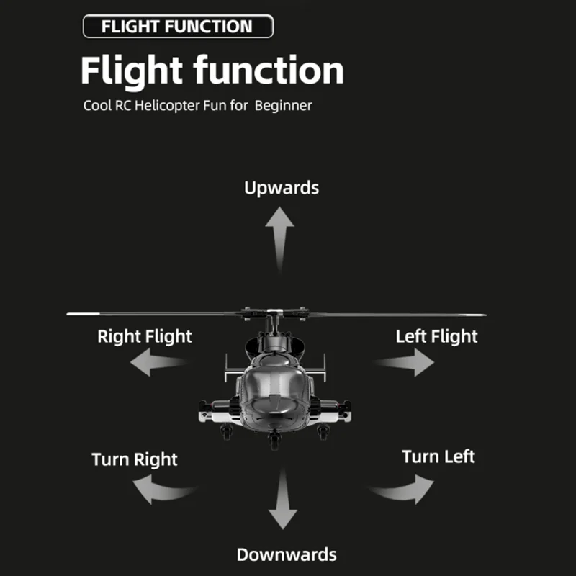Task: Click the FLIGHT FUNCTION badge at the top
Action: (178, 27)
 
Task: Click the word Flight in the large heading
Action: (132, 71)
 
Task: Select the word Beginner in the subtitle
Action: (283, 106)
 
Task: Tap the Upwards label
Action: (282, 188)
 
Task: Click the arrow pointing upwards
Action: (280, 239)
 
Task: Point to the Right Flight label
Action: (145, 336)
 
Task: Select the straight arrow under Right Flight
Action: (158, 362)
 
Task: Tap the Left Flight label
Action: (436, 336)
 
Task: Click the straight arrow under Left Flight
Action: (405, 363)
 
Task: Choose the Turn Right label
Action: (135, 459)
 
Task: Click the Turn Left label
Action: (438, 456)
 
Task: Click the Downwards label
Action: (287, 554)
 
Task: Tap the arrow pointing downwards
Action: (283, 499)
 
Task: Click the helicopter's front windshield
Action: (274, 382)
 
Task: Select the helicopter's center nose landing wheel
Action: (274, 439)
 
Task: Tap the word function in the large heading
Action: (269, 70)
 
